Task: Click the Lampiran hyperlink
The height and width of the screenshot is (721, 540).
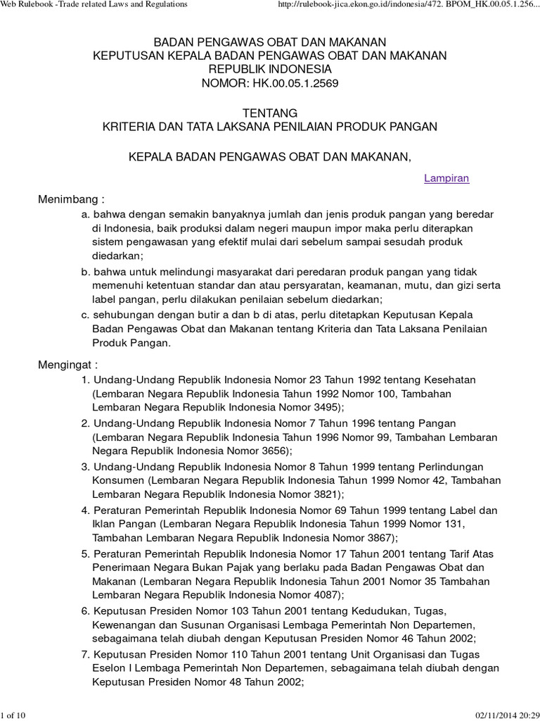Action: click(446, 179)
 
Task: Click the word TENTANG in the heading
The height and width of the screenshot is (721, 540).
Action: click(270, 113)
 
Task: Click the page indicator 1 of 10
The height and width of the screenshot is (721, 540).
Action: click(13, 715)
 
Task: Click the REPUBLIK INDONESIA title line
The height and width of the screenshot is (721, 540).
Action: click(270, 69)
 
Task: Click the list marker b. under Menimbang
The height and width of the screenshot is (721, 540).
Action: click(86, 271)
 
